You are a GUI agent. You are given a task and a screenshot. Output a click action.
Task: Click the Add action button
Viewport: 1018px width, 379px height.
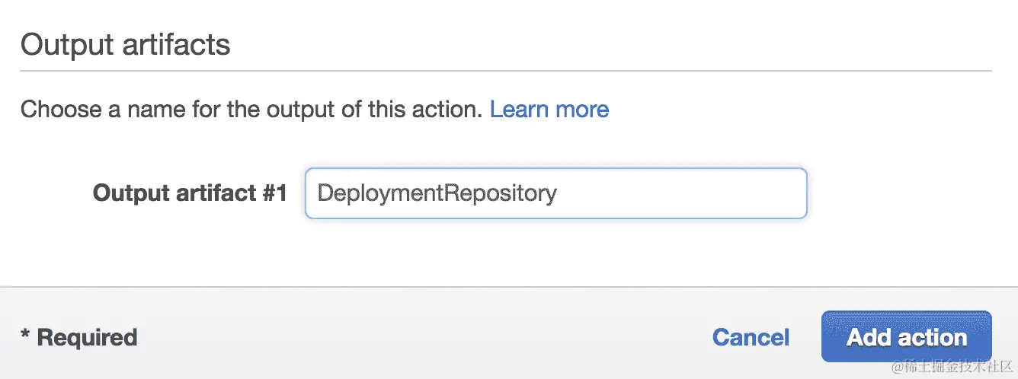point(906,336)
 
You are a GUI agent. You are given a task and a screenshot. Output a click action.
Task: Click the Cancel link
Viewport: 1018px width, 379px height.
point(751,337)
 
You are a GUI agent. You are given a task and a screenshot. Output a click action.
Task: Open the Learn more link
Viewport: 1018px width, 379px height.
point(549,110)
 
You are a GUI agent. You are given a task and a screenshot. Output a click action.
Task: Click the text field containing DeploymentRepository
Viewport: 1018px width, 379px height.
point(555,193)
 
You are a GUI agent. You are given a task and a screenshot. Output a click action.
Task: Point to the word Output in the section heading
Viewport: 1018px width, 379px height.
point(63,45)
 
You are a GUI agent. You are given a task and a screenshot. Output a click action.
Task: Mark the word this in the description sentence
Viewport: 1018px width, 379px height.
point(389,110)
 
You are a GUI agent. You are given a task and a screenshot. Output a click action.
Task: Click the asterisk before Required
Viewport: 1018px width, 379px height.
point(25,335)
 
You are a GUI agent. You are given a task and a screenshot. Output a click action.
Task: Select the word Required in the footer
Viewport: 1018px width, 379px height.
point(87,337)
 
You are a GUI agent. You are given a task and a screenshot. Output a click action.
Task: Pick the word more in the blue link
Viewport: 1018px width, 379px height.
point(582,110)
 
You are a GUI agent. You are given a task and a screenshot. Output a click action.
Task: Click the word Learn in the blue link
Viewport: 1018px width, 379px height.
point(520,110)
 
